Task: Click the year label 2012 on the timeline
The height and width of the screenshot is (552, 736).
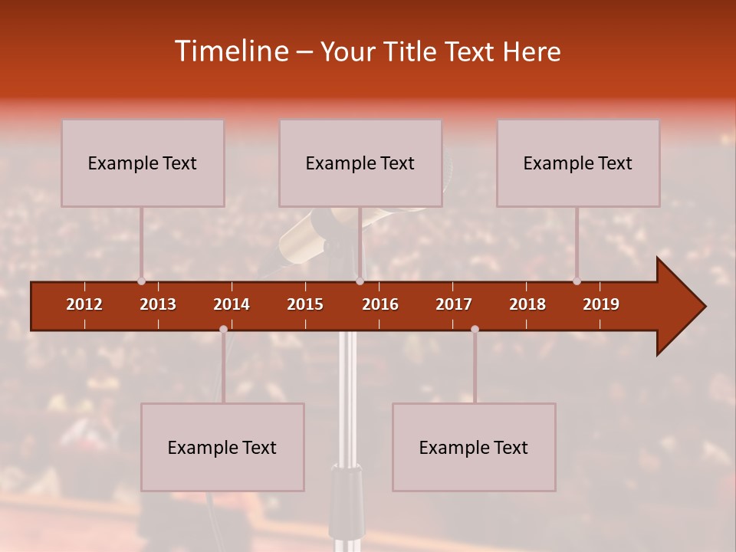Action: (84, 304)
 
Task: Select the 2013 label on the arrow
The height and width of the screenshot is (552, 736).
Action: (158, 304)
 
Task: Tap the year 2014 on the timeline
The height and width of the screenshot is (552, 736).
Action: (232, 304)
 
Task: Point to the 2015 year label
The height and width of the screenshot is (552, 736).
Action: (305, 304)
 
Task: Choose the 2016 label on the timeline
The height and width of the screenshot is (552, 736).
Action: (380, 304)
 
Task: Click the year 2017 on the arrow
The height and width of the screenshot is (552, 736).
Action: (454, 304)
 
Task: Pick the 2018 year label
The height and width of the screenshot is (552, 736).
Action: (527, 304)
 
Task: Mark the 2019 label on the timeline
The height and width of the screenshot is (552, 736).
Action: (601, 304)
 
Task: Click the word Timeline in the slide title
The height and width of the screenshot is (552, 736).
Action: (230, 51)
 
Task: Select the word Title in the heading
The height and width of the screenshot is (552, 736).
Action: (410, 52)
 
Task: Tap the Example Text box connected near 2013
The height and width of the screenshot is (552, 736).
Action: (143, 163)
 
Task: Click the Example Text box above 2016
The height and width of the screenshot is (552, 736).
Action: (360, 163)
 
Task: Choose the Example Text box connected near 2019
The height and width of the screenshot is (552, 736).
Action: (578, 163)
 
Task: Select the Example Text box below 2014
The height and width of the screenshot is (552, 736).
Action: (222, 447)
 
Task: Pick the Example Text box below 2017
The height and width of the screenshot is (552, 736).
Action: (474, 447)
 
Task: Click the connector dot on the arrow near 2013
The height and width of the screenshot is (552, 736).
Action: (141, 281)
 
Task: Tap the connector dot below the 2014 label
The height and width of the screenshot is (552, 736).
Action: (223, 329)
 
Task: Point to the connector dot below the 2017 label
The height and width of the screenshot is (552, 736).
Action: (475, 329)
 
